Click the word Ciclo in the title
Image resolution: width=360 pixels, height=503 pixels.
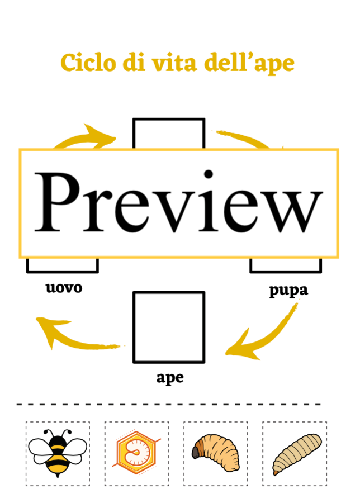pyautogui.click(x=88, y=63)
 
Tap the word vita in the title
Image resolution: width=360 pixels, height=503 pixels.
pyautogui.click(x=174, y=63)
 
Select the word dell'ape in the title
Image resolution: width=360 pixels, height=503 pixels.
pyautogui.click(x=249, y=63)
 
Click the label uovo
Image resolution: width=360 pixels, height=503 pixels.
pyautogui.click(x=64, y=287)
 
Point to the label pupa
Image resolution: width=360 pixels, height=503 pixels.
pyautogui.click(x=288, y=290)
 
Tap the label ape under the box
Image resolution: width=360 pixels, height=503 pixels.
pyautogui.click(x=170, y=378)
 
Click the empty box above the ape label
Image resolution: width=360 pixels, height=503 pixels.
pyautogui.click(x=169, y=327)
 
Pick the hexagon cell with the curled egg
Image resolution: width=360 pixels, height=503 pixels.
pyautogui.click(x=136, y=452)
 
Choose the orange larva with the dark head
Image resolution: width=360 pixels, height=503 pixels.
pyautogui.click(x=216, y=453)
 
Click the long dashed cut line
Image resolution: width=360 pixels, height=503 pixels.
pyautogui.click(x=169, y=404)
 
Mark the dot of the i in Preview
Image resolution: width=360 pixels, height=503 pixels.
pyautogui.click(x=209, y=174)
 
